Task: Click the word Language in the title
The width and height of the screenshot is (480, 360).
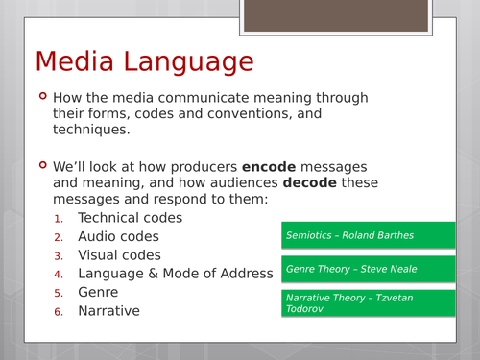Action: [191, 62]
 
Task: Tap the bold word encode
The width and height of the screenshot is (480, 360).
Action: [271, 165]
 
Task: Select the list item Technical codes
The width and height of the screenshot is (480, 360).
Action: [130, 218]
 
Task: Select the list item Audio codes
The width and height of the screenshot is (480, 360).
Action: [118, 236]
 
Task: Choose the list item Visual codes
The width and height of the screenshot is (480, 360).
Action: [119, 255]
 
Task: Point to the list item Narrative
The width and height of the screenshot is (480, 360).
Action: [108, 310]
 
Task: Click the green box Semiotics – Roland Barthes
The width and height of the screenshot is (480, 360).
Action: [369, 235]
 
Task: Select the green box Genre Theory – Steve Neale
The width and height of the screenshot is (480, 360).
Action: [369, 270]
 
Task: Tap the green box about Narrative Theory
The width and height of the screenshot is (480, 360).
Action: [369, 303]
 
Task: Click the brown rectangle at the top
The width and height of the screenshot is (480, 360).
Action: [335, 15]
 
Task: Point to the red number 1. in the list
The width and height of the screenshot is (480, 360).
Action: [59, 219]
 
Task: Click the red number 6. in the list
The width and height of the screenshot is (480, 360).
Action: [59, 311]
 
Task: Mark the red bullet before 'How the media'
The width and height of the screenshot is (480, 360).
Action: [40, 96]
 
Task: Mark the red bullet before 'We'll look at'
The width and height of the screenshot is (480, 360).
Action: [40, 164]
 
